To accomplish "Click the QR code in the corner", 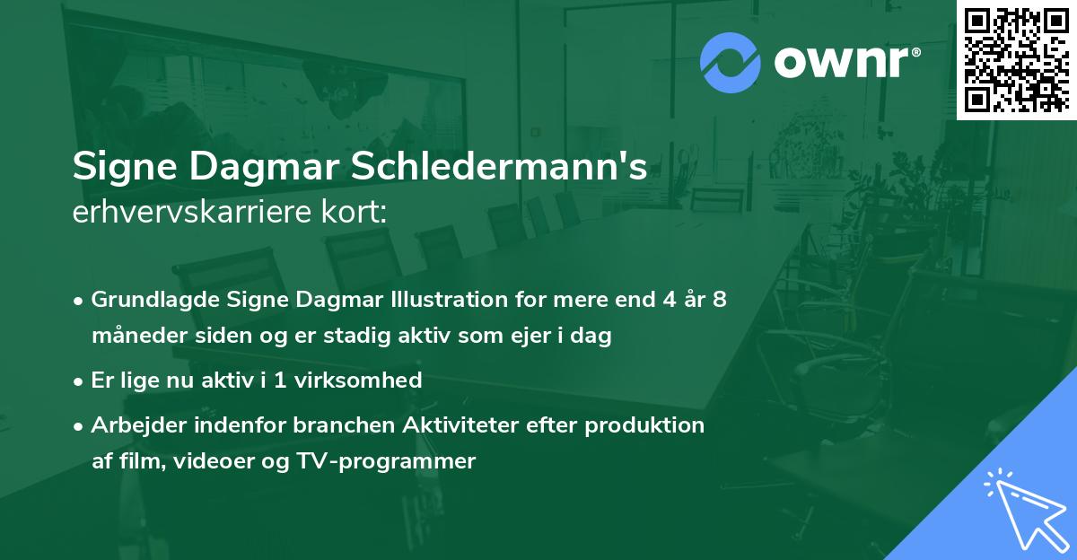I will click(1016, 59).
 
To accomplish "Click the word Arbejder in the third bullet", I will click(132, 425).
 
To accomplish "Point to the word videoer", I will click(223, 461).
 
